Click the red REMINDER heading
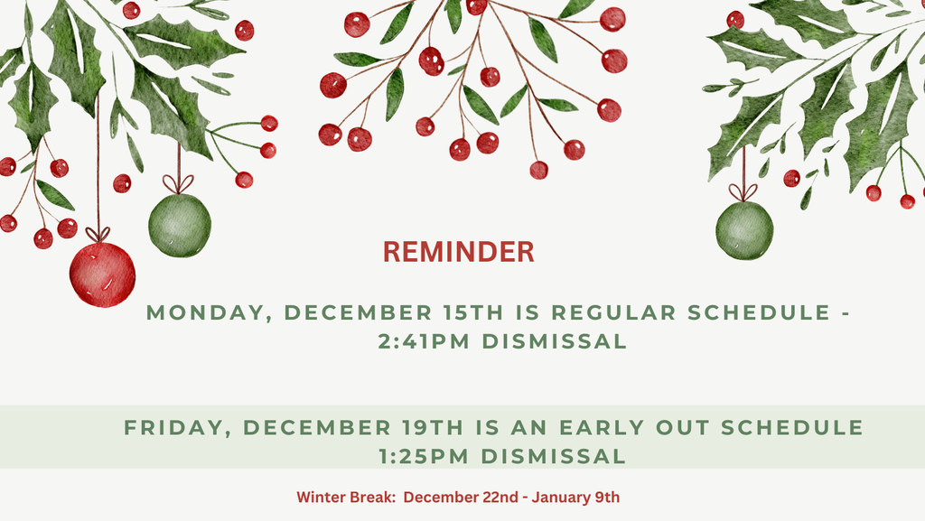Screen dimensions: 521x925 [x=459, y=252]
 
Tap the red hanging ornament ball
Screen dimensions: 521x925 [x=102, y=274]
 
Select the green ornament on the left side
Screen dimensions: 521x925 [x=179, y=226]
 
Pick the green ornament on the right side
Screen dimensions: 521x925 [x=744, y=230]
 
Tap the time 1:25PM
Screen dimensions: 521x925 [x=425, y=456]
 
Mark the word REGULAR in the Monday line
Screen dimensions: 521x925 [x=613, y=313]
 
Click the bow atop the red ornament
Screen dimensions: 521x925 [x=98, y=235]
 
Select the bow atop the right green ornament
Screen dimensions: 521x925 [x=743, y=192]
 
